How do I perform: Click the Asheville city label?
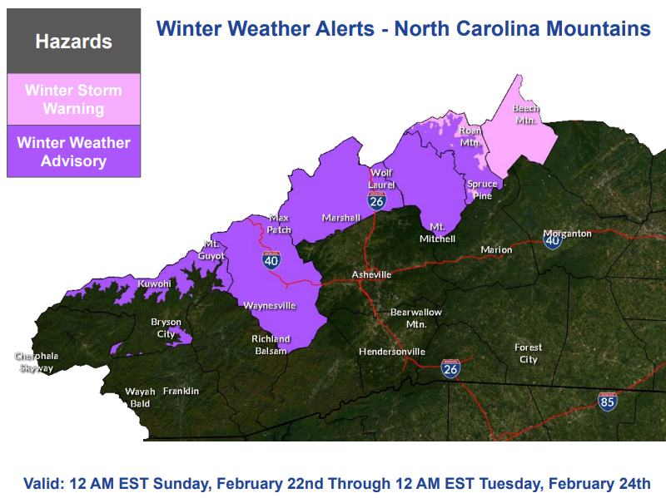pos(371,274)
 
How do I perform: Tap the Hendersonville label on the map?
pos(392,352)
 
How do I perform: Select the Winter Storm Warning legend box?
pos(73,100)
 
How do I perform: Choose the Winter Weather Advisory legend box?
pos(73,151)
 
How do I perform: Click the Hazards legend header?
pos(73,41)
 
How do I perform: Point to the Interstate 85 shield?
pos(608,402)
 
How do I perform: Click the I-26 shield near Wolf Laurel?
pos(377,200)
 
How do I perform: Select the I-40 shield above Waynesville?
pos(271,259)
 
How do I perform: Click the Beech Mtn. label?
pos(526,114)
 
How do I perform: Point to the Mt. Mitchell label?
pos(441,233)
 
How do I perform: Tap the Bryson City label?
pos(166,328)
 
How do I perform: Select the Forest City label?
pos(528,353)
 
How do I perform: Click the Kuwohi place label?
pos(154,284)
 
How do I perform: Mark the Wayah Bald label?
pos(138,397)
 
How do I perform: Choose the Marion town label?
pos(496,249)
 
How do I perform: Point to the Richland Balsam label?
pos(271,344)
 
